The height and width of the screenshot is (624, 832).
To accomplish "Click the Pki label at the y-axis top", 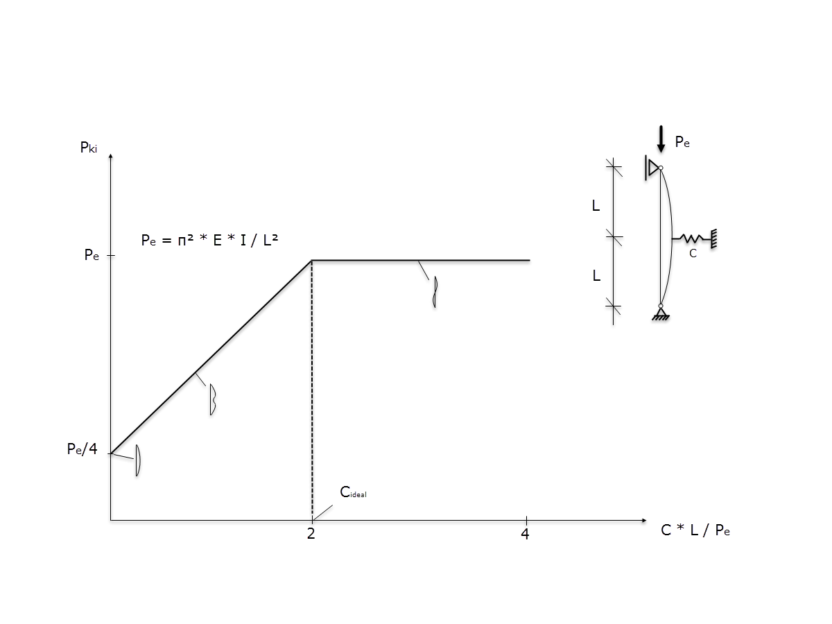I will click(x=89, y=147).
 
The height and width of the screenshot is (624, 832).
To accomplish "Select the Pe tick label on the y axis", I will click(x=92, y=255).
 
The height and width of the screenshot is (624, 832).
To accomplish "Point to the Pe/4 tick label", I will click(x=82, y=449).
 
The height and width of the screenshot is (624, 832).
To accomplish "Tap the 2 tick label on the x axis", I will click(x=311, y=534).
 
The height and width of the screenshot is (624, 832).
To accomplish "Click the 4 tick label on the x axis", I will click(x=525, y=534).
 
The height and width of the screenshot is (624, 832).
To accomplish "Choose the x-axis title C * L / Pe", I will click(x=695, y=530).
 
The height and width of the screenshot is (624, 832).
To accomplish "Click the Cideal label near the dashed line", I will click(x=353, y=492).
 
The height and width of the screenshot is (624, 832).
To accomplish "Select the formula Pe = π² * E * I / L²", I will click(x=210, y=240).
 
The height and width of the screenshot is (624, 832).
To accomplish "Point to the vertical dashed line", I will click(x=312, y=388).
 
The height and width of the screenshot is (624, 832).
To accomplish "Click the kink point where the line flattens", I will click(x=312, y=261).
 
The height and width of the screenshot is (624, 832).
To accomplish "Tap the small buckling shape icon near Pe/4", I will click(x=138, y=460).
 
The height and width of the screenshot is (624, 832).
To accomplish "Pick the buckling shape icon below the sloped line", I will click(x=213, y=399).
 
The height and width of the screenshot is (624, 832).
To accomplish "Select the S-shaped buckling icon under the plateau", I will click(x=435, y=291).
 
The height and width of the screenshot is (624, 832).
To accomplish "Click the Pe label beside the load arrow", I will click(x=682, y=143).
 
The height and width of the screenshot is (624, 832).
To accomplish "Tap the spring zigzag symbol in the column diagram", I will click(x=693, y=239).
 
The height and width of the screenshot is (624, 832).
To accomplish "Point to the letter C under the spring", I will click(x=692, y=254).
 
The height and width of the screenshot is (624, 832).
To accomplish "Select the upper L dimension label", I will click(x=596, y=206).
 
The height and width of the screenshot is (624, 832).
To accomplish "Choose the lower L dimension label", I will click(x=596, y=275).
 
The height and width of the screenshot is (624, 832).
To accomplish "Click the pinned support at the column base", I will click(x=661, y=313).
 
